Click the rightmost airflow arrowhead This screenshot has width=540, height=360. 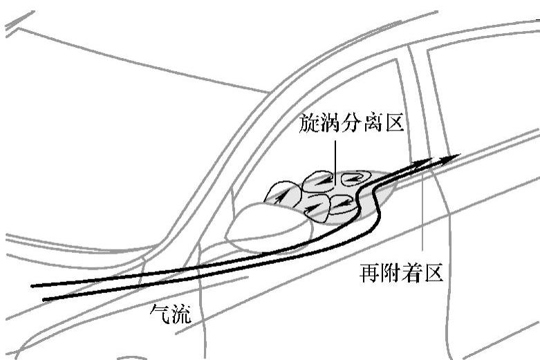(x=453, y=158)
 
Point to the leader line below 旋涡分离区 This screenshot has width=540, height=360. (x=334, y=155)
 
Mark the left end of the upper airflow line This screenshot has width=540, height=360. (x=33, y=285)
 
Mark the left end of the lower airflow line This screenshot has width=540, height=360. (x=44, y=299)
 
